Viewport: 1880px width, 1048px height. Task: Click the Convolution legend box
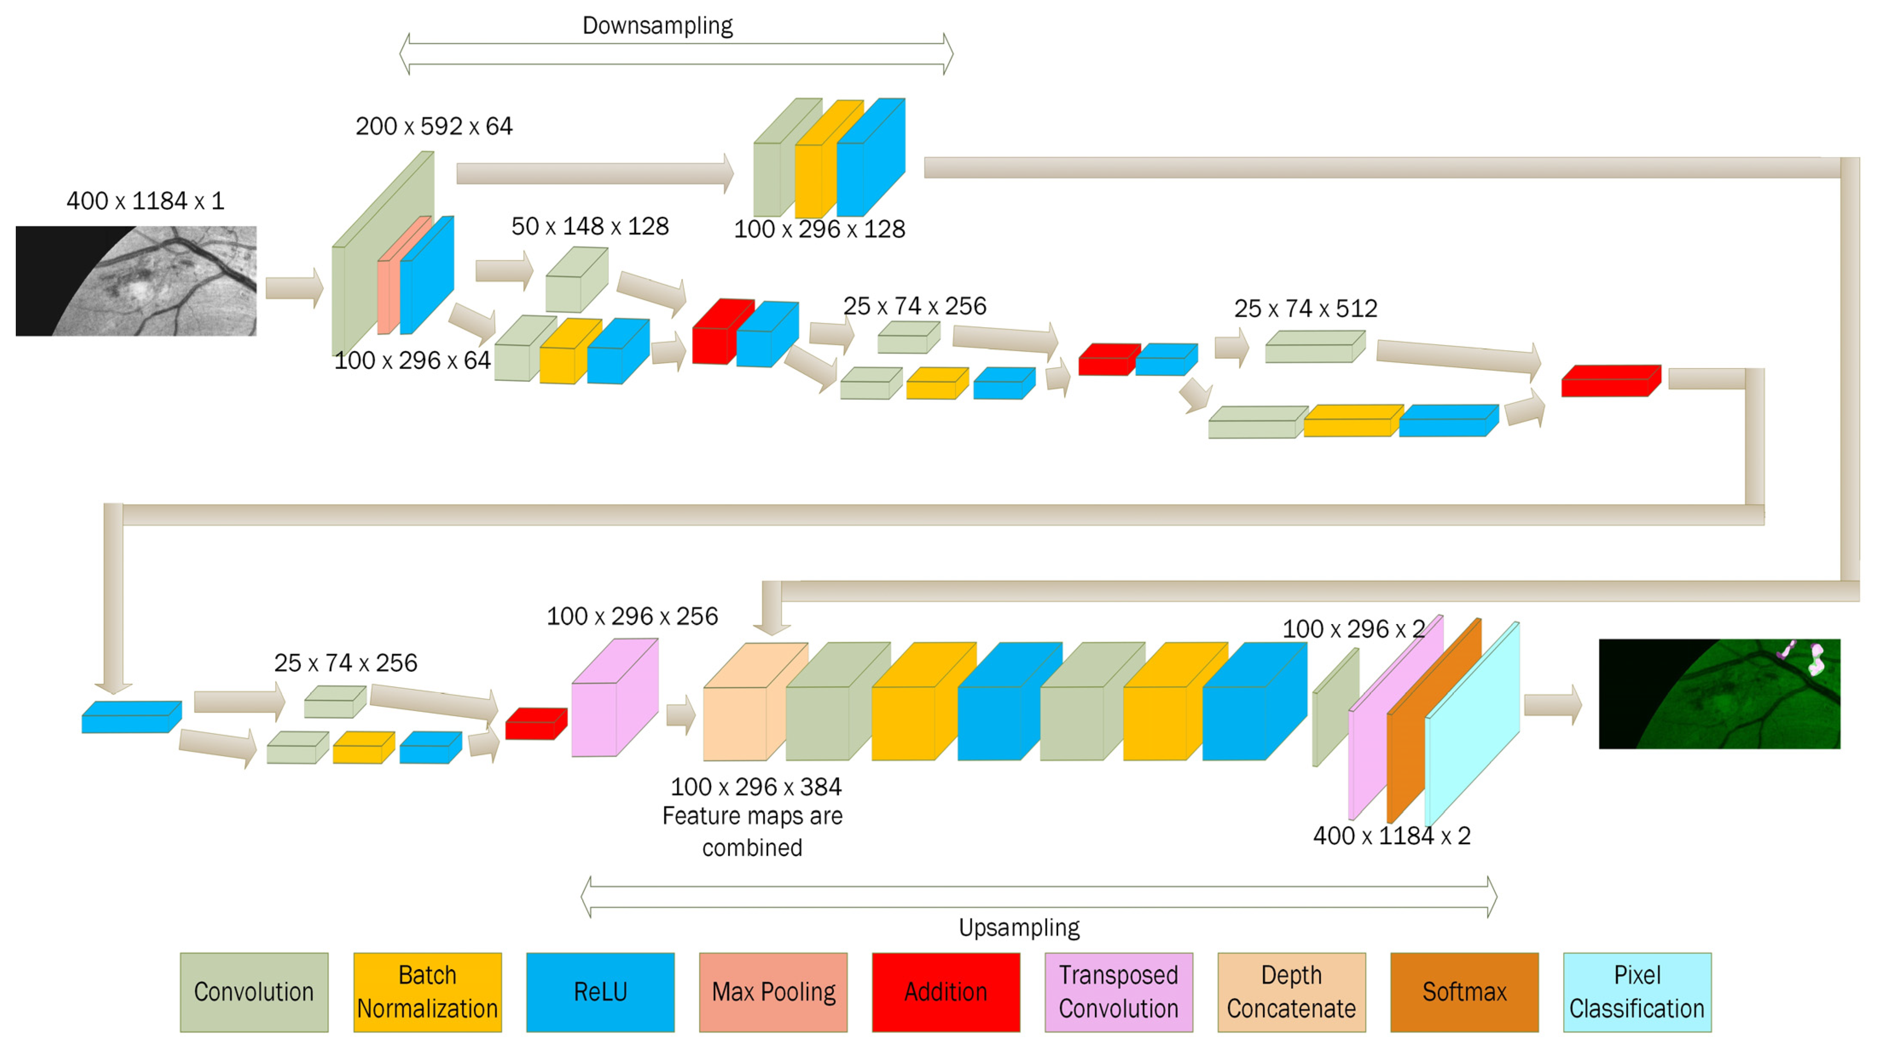(x=254, y=992)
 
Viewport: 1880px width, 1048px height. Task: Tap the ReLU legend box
(x=600, y=992)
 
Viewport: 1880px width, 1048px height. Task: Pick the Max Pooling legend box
(x=773, y=992)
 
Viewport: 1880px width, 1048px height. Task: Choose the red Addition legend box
(x=946, y=992)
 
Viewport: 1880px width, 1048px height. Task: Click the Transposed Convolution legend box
(x=1118, y=992)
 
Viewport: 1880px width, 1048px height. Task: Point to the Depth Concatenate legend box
(x=1291, y=992)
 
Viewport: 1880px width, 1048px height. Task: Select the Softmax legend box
(x=1464, y=992)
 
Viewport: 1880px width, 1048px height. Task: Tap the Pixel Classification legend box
(x=1637, y=992)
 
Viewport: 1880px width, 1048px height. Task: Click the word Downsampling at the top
(x=657, y=26)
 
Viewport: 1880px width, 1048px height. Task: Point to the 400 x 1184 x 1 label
(x=145, y=201)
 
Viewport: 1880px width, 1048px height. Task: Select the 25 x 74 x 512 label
(x=1306, y=309)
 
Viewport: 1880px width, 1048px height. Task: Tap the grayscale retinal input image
(x=136, y=281)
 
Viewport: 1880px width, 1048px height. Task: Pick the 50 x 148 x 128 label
(x=590, y=226)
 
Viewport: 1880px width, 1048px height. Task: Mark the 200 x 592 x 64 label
(x=434, y=126)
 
